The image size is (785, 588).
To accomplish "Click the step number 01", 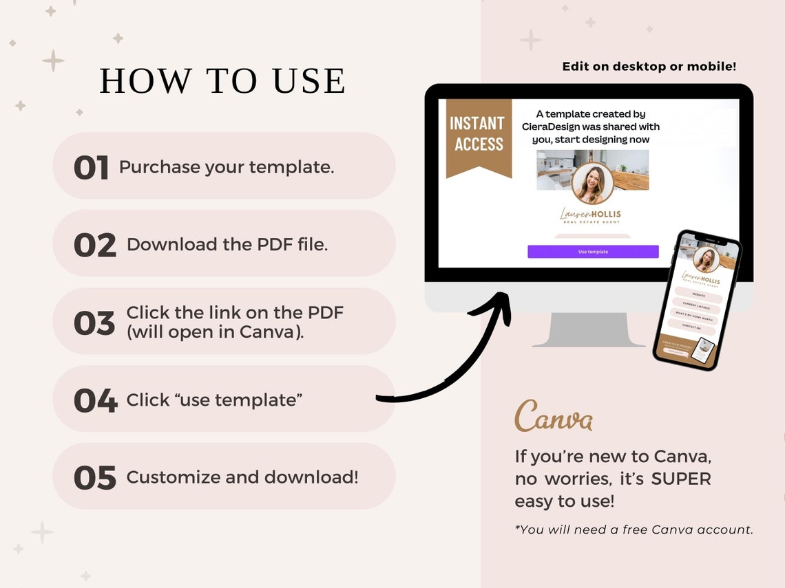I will coord(92,168).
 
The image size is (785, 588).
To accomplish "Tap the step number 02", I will coord(95,246).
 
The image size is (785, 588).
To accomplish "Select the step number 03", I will coord(94,323).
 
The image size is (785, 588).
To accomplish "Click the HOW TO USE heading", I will coord(222,81).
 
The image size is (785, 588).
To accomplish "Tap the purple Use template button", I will coord(593,252).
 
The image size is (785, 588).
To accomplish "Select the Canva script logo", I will coord(554,415).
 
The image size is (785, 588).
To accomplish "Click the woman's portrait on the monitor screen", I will coord(592,183).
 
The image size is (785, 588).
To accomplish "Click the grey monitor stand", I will coord(589,330).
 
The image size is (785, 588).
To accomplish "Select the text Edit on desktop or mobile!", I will coord(649,67).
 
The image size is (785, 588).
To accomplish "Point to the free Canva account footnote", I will coord(634,530).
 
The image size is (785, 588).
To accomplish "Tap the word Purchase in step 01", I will coord(159,167).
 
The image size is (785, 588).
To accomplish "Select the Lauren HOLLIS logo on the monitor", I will coord(590,216).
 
